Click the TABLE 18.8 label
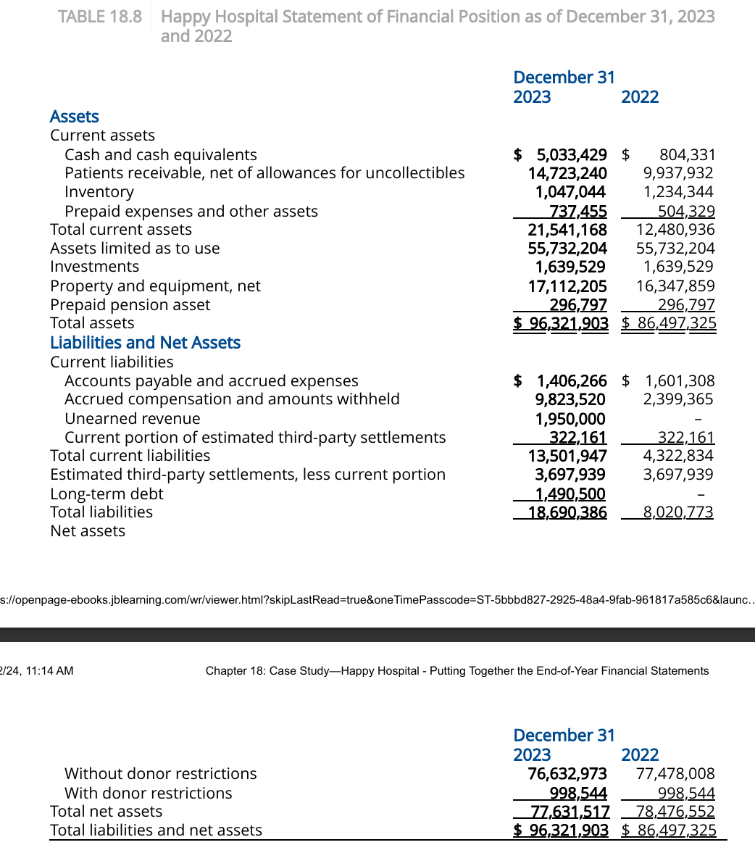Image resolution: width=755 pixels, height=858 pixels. tap(100, 17)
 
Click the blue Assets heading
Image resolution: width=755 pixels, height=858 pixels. tap(74, 117)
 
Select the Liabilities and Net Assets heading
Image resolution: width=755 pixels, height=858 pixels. tap(145, 343)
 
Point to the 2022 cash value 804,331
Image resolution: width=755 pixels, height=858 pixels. tap(687, 154)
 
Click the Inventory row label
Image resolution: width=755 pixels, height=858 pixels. tap(99, 192)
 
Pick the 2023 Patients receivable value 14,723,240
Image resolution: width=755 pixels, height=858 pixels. tap(567, 173)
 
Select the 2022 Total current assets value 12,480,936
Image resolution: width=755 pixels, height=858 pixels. tap(675, 230)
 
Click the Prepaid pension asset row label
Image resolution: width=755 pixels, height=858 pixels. tap(130, 305)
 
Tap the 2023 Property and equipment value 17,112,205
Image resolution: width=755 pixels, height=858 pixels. tap(567, 286)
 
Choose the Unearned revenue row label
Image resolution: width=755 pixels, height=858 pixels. tap(133, 419)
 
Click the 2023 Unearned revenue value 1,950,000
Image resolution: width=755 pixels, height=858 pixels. tap(570, 419)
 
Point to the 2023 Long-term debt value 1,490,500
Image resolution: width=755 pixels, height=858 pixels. tap(570, 494)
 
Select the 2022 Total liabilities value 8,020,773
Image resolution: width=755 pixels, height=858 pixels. tap(678, 512)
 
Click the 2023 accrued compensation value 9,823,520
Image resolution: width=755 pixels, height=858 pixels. tap(570, 399)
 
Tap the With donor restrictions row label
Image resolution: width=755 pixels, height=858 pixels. tap(149, 794)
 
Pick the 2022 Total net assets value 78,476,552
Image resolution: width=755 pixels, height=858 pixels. tap(675, 812)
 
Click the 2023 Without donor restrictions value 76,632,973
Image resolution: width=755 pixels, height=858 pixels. tap(567, 774)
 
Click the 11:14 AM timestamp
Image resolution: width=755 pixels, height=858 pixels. tap(49, 671)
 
